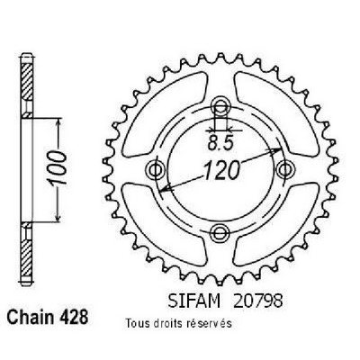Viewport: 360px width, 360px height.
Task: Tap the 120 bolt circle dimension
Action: tap(222, 171)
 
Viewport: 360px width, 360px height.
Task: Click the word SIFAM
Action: tap(194, 301)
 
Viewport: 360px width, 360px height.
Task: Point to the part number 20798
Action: tap(257, 301)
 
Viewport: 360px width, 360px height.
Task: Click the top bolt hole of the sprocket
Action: tap(220, 105)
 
